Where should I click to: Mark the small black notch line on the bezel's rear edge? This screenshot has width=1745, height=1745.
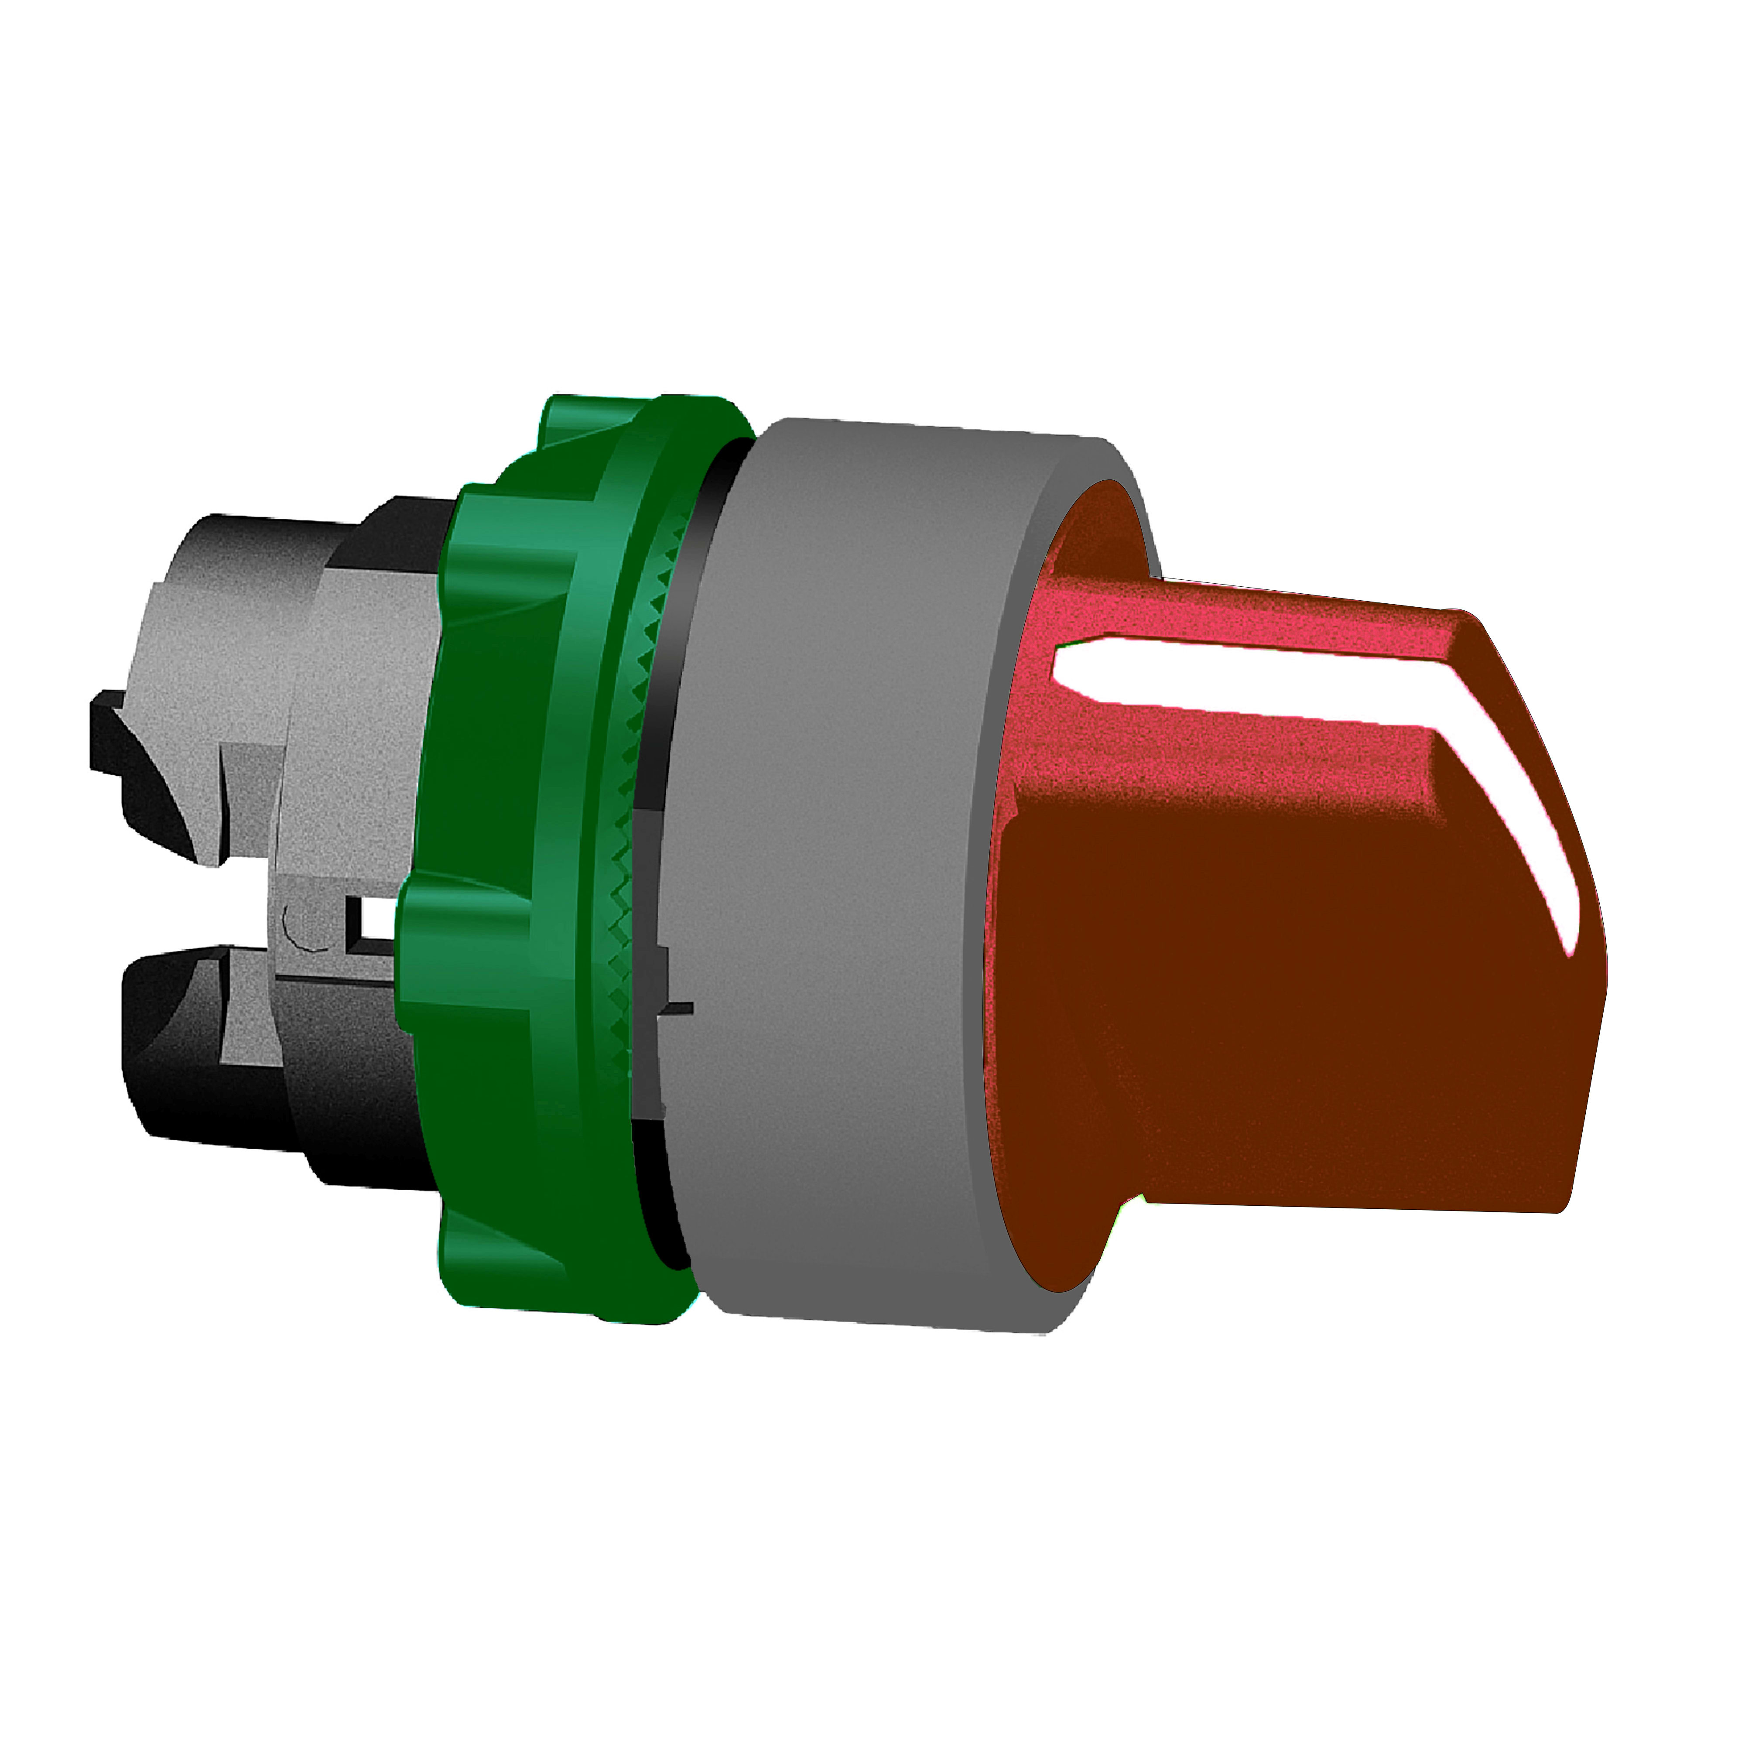point(677,1007)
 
